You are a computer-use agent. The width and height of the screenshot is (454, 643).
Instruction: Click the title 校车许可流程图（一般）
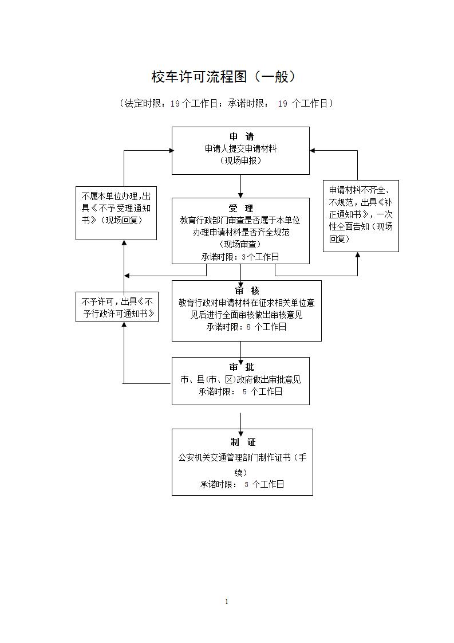coord(226,77)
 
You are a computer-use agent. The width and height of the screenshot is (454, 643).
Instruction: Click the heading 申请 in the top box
coord(241,136)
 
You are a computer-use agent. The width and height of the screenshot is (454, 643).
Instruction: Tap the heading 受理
coord(240,208)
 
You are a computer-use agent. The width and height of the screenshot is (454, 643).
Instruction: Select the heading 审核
coord(247,291)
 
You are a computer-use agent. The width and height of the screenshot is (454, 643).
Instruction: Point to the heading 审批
coord(241,367)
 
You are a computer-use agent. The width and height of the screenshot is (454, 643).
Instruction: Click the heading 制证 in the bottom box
coord(243,442)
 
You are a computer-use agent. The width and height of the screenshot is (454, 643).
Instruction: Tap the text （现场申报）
coord(240,161)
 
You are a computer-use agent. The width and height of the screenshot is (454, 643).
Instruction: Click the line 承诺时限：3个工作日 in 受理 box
coord(240,257)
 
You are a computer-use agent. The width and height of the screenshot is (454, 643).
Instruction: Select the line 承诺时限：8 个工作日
coord(246,327)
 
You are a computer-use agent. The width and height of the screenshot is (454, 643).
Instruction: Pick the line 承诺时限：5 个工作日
coord(240,392)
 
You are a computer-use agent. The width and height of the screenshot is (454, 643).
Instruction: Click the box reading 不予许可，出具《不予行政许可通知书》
coord(117,307)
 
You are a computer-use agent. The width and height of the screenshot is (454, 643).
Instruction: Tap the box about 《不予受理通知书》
coord(116,213)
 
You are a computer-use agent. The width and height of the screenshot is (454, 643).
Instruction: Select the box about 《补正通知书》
coord(361,216)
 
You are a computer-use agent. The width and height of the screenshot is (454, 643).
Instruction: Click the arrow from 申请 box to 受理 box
coord(240,186)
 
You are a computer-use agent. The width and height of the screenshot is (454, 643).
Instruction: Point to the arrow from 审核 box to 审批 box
coord(240,350)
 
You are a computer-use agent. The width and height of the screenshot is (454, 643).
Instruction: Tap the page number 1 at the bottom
coord(227,601)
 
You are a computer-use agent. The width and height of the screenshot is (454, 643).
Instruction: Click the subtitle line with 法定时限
coord(226,103)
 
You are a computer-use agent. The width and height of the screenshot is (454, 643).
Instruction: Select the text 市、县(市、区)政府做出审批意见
coord(240,379)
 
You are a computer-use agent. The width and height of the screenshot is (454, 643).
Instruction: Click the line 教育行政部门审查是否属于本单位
coord(240,220)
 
